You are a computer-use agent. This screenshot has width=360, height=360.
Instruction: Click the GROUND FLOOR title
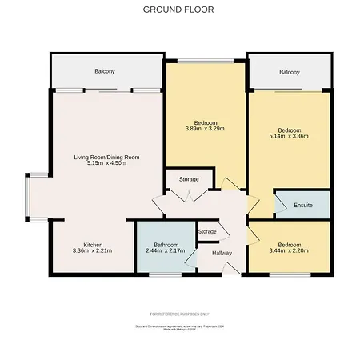click(178, 10)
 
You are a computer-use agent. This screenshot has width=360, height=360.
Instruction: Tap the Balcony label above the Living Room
click(104, 72)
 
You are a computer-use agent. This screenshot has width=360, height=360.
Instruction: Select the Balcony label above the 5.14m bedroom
click(290, 73)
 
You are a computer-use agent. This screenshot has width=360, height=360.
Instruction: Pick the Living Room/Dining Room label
click(107, 158)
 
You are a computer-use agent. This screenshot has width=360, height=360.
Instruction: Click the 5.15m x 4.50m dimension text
click(107, 165)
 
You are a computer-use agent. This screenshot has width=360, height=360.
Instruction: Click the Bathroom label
click(166, 245)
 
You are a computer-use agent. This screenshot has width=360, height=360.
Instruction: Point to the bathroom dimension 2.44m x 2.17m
click(166, 251)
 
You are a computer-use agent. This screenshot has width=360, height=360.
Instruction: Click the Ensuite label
click(302, 206)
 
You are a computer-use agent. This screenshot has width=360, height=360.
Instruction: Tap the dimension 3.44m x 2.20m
click(290, 251)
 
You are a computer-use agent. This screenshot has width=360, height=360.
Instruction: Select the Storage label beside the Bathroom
click(207, 231)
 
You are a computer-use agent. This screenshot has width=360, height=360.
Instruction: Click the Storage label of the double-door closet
click(189, 179)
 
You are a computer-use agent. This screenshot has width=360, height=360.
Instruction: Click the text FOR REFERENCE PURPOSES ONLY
click(179, 314)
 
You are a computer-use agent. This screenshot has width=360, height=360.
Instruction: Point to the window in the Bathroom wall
click(166, 275)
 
